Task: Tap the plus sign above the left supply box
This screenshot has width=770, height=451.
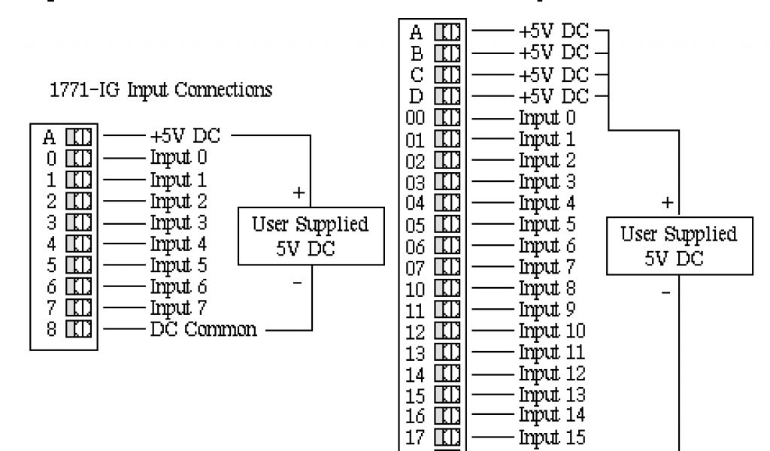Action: tap(299, 193)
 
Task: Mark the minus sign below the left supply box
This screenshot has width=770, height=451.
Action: tap(298, 282)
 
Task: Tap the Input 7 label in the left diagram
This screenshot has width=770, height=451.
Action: tap(180, 308)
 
